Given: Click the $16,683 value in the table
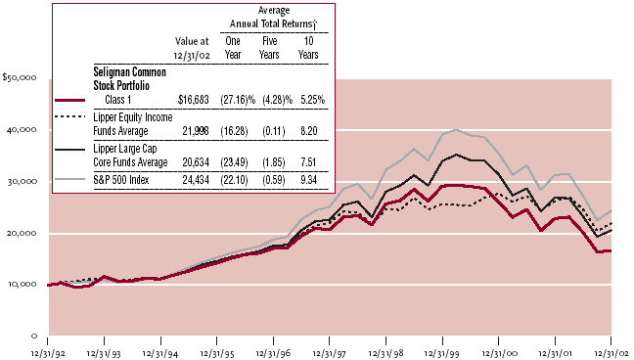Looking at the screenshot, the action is (194, 100).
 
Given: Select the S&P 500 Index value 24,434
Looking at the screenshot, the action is (196, 180).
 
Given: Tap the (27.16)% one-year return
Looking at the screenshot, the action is (238, 100).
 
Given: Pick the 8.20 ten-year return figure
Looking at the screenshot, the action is (309, 131).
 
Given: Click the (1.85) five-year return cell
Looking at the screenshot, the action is (274, 162).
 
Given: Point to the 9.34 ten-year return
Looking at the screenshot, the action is (309, 180).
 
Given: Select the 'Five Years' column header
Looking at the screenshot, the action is (269, 48).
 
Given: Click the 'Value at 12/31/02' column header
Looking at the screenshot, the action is (192, 48).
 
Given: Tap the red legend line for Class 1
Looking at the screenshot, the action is (69, 100).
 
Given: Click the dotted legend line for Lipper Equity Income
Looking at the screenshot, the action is (69, 116).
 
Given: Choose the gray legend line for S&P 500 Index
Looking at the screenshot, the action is (69, 180).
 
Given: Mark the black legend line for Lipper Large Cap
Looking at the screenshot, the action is (69, 150).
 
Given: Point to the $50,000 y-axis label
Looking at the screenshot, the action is (20, 77).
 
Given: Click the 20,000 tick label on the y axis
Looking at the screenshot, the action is (22, 234).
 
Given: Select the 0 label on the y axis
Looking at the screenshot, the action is (34, 336).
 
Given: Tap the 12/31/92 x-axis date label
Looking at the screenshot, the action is (48, 353).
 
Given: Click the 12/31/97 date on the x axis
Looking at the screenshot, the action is (330, 353).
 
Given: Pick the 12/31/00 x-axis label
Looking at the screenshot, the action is (499, 353).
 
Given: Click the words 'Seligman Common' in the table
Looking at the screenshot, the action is (130, 72).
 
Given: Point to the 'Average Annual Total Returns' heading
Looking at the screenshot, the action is (274, 17).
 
